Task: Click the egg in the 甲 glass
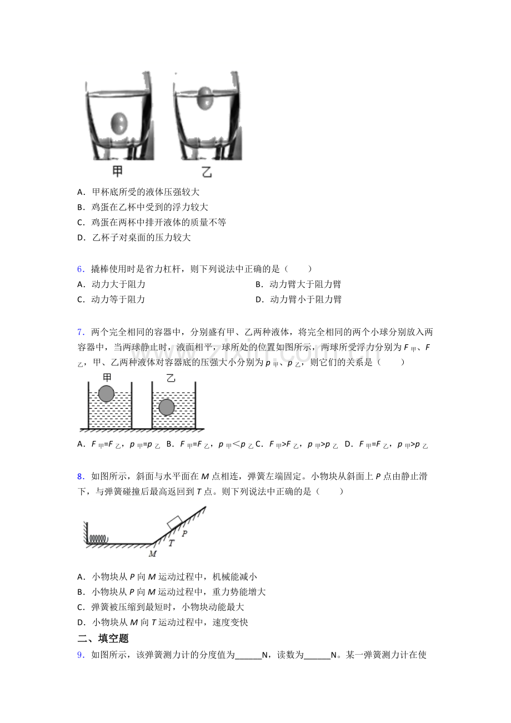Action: [119, 122]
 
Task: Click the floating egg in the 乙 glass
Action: [205, 96]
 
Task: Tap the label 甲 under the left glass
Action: [117, 171]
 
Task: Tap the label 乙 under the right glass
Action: [207, 172]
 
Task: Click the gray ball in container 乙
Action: [166, 408]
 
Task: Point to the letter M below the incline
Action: [153, 554]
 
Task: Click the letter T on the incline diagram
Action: [171, 544]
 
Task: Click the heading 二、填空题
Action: [103, 639]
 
